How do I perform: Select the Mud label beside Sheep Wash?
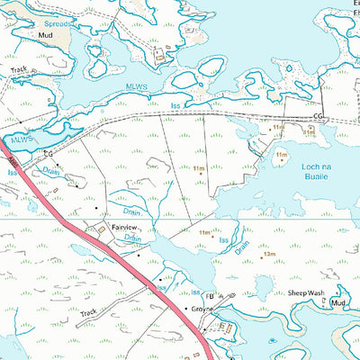click(338, 303)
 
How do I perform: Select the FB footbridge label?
click(210, 295)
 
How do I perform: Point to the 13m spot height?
click(268, 256)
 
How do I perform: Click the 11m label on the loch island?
click(281, 155)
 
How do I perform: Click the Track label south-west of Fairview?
click(87, 314)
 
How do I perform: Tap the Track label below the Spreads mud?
click(18, 68)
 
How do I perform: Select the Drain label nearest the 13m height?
click(242, 246)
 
